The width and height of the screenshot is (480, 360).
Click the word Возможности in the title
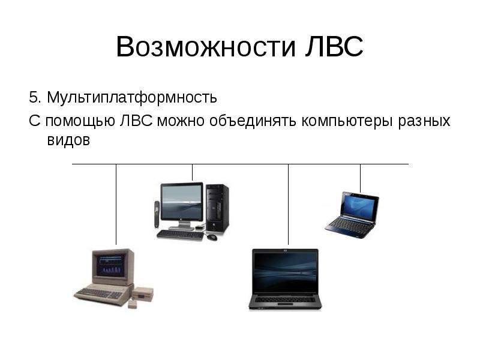coord(206,47)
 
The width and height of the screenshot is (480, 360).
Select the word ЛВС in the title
coord(334,46)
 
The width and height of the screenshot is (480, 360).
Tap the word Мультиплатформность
coord(132,98)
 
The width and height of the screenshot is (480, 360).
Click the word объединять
coord(253,121)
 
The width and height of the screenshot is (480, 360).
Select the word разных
coord(424,122)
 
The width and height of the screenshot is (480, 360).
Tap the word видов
coord(68,140)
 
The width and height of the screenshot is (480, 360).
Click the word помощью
coord(80,121)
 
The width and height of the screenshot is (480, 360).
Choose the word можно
coord(181,121)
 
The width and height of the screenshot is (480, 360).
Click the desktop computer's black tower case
coord(217,208)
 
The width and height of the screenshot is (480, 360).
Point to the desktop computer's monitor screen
coord(182,202)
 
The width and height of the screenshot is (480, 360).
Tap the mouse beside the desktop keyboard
coord(212,236)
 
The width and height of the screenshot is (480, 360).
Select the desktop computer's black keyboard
coord(181,235)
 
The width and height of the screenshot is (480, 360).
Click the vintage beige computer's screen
coord(111,265)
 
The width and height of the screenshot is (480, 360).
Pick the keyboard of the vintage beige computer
coord(99,293)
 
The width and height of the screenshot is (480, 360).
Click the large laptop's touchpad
coord(285,305)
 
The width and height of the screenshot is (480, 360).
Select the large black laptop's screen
coord(285,272)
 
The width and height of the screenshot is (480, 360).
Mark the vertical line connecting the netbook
coord(360,178)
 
